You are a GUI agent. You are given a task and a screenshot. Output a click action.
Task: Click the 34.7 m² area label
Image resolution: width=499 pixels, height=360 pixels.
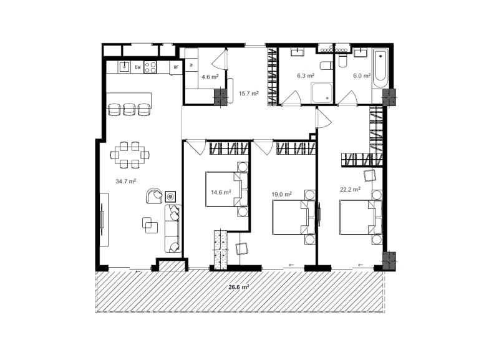pos(126,181)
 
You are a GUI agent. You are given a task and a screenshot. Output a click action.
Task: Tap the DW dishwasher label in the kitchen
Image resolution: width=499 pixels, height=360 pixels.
pos(138,67)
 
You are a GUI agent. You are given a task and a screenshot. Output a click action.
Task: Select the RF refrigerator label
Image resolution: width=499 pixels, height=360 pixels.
pos(176,67)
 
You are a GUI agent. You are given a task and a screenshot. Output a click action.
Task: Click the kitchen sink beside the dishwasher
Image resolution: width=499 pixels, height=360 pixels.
pos(124,67)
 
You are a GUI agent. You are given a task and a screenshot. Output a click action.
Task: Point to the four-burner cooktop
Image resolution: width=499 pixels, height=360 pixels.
pos(150,67)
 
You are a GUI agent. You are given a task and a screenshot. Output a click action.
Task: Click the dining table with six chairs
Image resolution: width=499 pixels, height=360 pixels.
pos(130,155)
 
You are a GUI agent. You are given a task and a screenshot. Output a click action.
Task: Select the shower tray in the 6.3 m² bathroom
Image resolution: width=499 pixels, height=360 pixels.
pos(322,93)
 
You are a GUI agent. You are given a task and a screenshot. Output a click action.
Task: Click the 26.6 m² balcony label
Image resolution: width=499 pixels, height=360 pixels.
pos(239,287)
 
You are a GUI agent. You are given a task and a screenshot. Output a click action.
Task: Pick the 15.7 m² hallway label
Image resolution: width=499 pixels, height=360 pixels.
pos(248,94)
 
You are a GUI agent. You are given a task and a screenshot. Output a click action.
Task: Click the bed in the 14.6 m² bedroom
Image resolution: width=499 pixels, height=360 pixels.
pos(226,190)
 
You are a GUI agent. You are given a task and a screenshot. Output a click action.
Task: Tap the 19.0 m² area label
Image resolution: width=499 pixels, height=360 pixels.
pos(282,194)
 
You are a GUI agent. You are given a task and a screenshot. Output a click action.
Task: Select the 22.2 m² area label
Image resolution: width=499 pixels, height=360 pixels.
pos(350,190)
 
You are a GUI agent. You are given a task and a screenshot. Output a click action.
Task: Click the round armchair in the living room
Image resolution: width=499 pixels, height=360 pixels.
pos(154,195)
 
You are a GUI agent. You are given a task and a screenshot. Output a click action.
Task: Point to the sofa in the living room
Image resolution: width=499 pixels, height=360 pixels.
pos(173,228)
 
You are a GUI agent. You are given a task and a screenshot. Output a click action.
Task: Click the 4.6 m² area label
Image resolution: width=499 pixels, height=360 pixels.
pos(210,77)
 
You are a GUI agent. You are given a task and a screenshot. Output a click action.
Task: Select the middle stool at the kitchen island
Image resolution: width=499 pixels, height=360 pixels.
pos(129,109)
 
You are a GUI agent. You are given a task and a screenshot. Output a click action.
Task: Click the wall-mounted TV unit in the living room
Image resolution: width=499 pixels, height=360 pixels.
pos(103,220)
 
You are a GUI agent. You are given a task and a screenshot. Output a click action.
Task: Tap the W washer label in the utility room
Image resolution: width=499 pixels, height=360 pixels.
pos(191,65)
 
